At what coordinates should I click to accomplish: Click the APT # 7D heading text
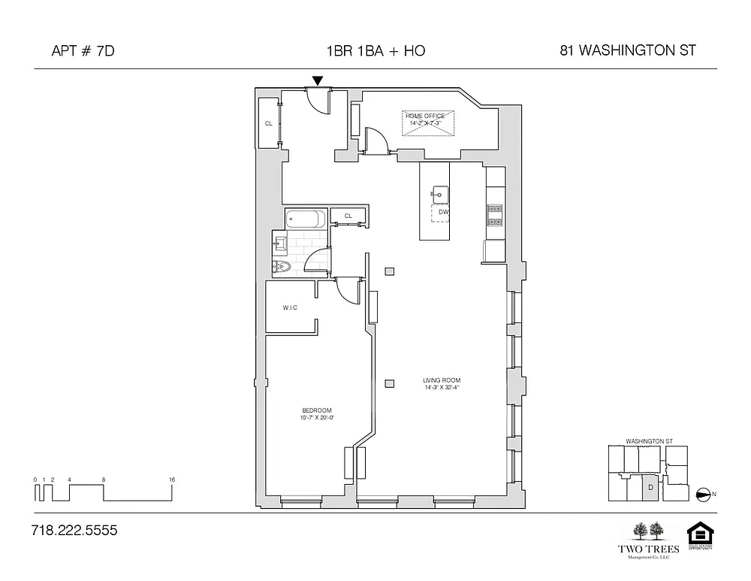(83, 51)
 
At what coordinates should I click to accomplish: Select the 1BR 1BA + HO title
(375, 51)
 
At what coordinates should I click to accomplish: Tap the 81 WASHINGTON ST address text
(628, 51)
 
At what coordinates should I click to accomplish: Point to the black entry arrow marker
(318, 80)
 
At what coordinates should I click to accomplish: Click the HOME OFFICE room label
(425, 116)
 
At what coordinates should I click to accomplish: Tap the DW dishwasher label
(443, 212)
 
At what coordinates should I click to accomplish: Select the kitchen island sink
(438, 193)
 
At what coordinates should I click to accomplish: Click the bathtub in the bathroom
(306, 220)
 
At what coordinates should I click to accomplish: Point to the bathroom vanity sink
(281, 242)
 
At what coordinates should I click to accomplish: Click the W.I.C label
(291, 307)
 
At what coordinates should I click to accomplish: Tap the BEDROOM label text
(316, 410)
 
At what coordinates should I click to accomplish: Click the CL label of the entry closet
(268, 123)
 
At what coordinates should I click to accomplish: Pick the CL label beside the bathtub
(348, 216)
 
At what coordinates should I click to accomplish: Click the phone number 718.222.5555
(74, 531)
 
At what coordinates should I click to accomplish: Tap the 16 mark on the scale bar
(173, 479)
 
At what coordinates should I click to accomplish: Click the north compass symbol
(704, 494)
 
